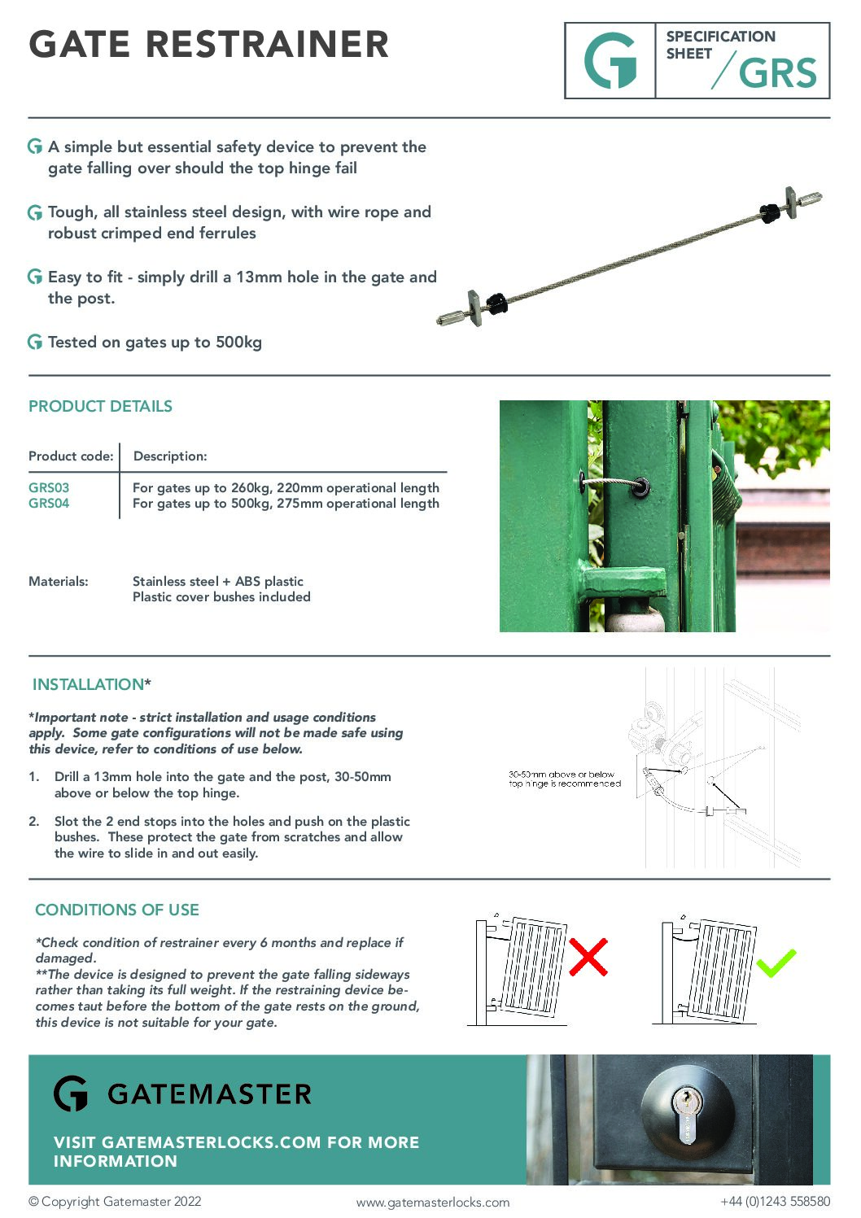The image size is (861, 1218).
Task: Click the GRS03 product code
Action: pyautogui.click(x=49, y=487)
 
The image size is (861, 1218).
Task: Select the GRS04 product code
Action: pyautogui.click(x=49, y=503)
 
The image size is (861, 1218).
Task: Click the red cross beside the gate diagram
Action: pyautogui.click(x=588, y=957)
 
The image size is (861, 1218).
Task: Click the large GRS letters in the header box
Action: pyautogui.click(x=777, y=73)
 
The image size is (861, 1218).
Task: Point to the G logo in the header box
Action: pyautogui.click(x=610, y=61)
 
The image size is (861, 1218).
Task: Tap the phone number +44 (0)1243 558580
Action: pyautogui.click(x=775, y=1202)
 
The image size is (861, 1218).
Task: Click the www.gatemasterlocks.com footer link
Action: pyautogui.click(x=432, y=1203)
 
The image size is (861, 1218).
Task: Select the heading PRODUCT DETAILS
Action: pyautogui.click(x=100, y=406)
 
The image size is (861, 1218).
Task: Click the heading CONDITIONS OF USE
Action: pyautogui.click(x=117, y=910)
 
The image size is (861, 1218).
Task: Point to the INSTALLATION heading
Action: pyautogui.click(x=89, y=684)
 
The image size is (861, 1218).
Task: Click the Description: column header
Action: pyautogui.click(x=170, y=456)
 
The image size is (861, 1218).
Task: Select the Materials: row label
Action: pyautogui.click(x=59, y=581)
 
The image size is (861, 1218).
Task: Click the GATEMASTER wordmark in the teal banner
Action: pyautogui.click(x=209, y=1094)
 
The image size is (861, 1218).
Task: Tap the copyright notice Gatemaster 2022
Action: pyautogui.click(x=115, y=1202)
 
